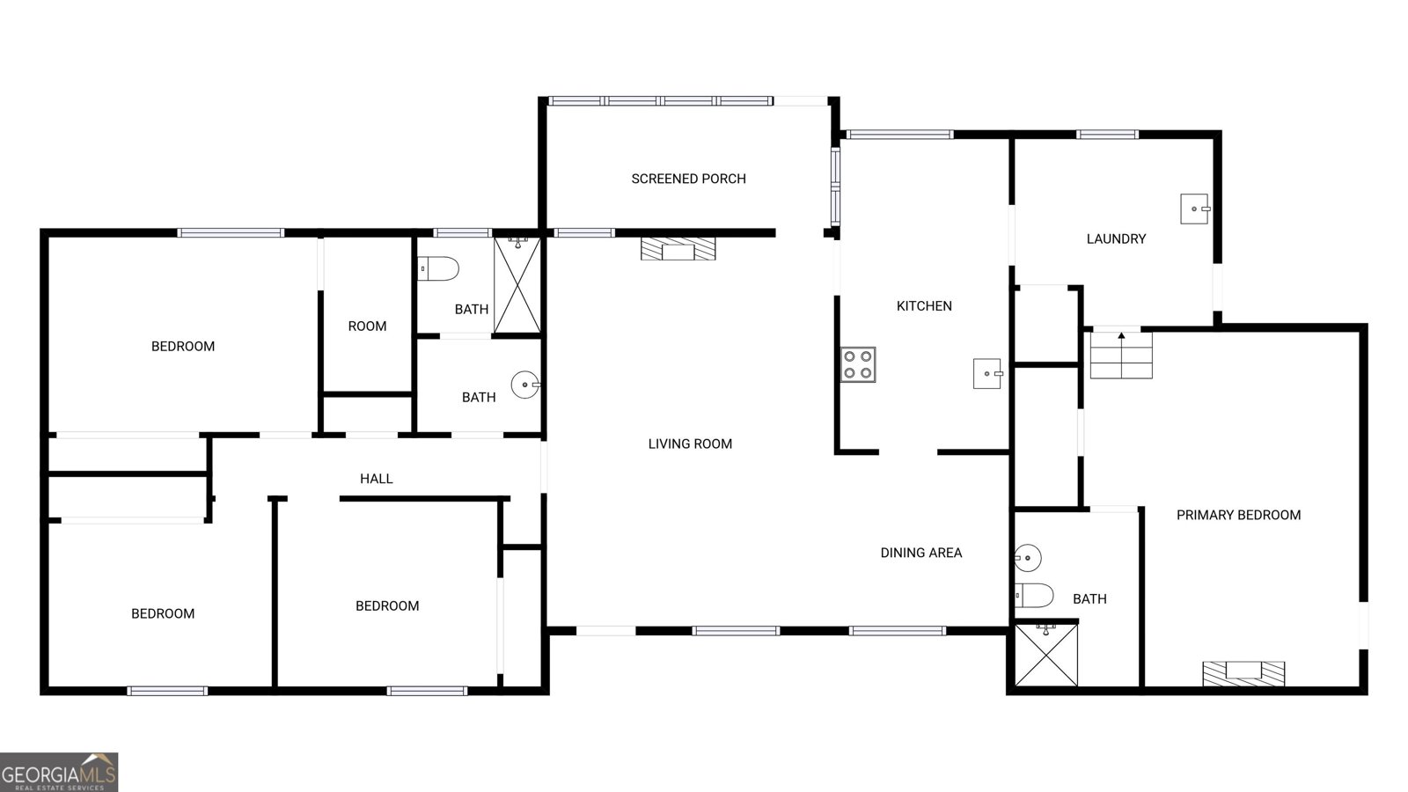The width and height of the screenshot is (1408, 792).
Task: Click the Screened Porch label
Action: point(688,179)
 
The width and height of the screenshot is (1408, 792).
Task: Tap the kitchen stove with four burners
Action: point(857,364)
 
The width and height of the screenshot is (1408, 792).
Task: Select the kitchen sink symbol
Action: point(987,373)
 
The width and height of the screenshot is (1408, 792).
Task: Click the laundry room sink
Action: point(1194,209)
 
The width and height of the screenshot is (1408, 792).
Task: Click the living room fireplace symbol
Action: point(678,248)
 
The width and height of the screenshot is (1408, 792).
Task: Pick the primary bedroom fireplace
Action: point(1243,673)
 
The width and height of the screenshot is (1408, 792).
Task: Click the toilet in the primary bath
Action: point(1034,596)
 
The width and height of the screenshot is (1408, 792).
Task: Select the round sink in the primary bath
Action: point(1027,557)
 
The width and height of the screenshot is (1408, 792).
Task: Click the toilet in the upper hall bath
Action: point(438,268)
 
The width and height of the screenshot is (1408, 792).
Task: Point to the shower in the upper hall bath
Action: point(517,285)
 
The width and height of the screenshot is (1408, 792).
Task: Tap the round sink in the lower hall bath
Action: point(525,385)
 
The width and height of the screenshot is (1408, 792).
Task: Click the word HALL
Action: point(376,479)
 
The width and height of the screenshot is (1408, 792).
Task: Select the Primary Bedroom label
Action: point(1238,515)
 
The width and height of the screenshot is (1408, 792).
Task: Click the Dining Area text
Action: point(920,553)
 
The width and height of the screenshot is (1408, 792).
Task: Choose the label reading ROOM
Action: point(367,326)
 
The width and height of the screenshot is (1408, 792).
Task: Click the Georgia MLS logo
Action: point(59,772)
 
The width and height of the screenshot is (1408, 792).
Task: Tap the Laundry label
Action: point(1116,238)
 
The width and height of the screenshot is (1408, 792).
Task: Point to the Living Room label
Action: point(690,444)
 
